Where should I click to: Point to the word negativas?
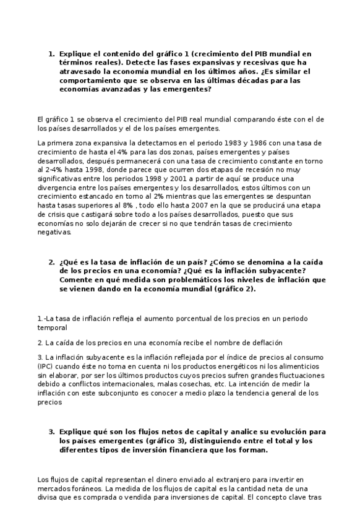(54, 233)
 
